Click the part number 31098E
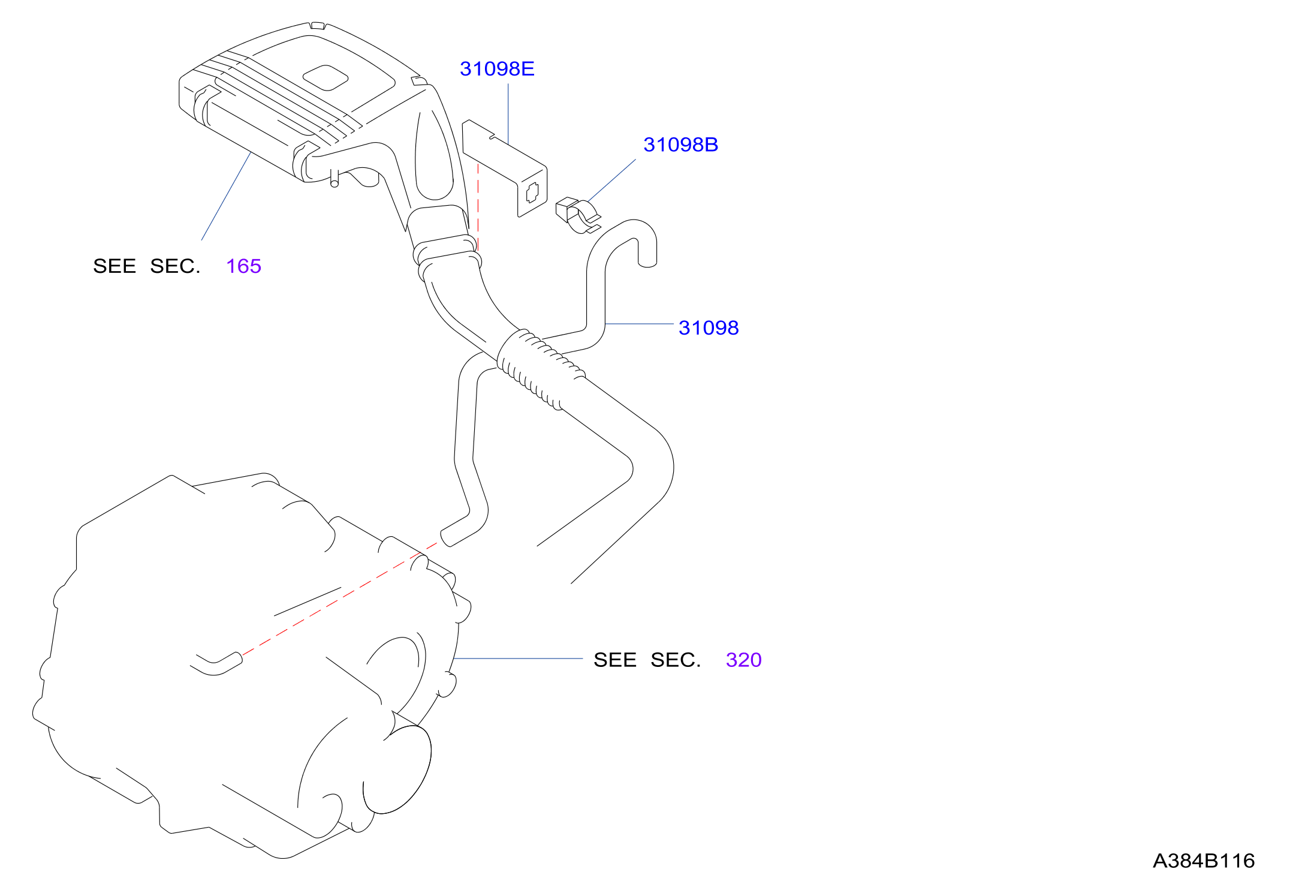tap(497, 69)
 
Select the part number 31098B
tap(680, 145)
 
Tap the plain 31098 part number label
tap(709, 327)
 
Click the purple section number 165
tap(243, 266)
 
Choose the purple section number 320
tap(743, 660)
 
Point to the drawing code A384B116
tap(1204, 861)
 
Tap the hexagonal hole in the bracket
tap(532, 192)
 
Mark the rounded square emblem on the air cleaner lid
tap(326, 77)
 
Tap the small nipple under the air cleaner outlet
tap(334, 178)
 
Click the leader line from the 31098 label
tap(640, 324)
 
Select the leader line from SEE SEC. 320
tap(518, 659)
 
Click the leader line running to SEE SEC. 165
tap(226, 196)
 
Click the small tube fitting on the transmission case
tap(217, 663)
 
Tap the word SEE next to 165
tap(114, 266)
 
